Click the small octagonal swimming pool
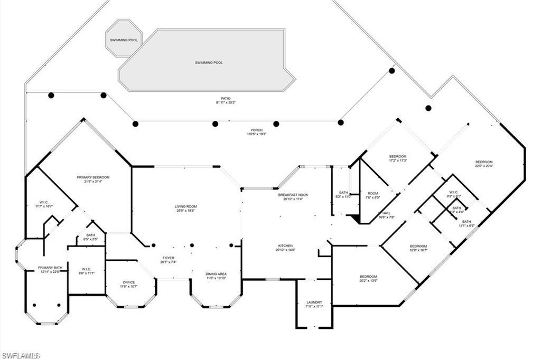[x=124, y=39]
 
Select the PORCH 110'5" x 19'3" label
[x=257, y=132]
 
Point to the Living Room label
[x=186, y=208]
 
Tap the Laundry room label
[x=314, y=305]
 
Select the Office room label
[x=129, y=284]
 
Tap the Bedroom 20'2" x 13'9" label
[x=368, y=279]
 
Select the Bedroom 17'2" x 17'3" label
[x=398, y=158]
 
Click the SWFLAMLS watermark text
[x=20, y=356]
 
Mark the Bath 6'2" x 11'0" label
[x=344, y=194]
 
